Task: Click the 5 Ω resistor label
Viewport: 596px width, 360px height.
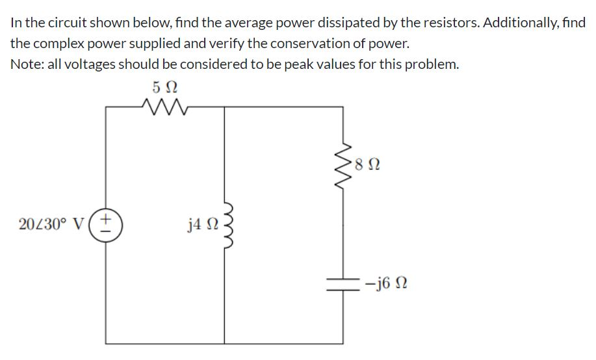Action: pyautogui.click(x=164, y=86)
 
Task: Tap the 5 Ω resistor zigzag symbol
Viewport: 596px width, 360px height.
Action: pyautogui.click(x=164, y=106)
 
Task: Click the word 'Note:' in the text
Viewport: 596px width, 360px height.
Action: pyautogui.click(x=26, y=65)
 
